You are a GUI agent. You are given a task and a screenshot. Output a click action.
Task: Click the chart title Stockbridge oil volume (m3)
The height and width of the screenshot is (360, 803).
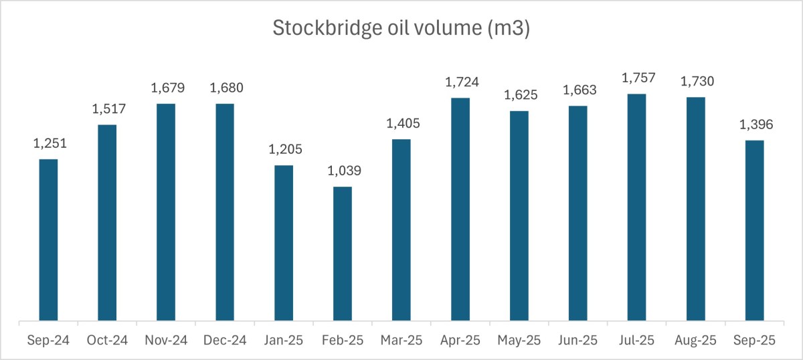(401, 29)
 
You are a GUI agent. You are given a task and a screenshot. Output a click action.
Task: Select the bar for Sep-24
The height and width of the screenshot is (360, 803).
(48, 241)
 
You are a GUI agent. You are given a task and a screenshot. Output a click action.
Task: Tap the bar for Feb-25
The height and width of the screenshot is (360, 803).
(342, 254)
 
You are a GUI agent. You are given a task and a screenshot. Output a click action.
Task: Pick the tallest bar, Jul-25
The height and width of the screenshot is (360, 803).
(636, 208)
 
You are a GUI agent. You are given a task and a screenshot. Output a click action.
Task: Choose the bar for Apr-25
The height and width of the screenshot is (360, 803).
(460, 210)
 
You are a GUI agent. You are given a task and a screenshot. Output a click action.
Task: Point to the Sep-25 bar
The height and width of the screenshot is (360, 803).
(754, 232)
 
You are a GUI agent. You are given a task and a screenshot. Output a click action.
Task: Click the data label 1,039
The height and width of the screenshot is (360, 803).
(342, 171)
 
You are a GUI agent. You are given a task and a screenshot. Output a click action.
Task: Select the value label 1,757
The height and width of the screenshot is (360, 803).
(636, 78)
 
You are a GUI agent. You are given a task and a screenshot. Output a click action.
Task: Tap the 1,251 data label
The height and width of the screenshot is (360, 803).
(48, 143)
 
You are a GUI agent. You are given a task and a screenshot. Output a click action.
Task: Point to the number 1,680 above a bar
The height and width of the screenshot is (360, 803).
(225, 88)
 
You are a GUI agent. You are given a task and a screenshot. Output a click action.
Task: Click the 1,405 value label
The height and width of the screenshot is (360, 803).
(401, 123)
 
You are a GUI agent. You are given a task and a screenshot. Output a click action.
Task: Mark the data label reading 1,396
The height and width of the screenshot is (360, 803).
(754, 124)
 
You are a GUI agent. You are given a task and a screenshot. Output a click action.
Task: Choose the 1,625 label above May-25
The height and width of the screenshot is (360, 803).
(519, 95)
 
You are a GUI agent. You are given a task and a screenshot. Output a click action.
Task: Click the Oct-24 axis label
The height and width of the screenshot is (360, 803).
(107, 341)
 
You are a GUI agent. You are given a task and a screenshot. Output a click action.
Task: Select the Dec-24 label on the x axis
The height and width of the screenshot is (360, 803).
(225, 341)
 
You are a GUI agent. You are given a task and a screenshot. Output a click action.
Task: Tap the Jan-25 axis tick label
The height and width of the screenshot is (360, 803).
(283, 341)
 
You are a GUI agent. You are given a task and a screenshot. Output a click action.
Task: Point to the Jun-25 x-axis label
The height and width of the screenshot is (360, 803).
(577, 341)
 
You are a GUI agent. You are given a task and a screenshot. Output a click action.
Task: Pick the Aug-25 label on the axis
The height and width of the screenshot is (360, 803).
(695, 341)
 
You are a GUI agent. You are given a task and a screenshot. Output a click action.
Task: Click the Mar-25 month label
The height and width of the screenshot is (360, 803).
(401, 341)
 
